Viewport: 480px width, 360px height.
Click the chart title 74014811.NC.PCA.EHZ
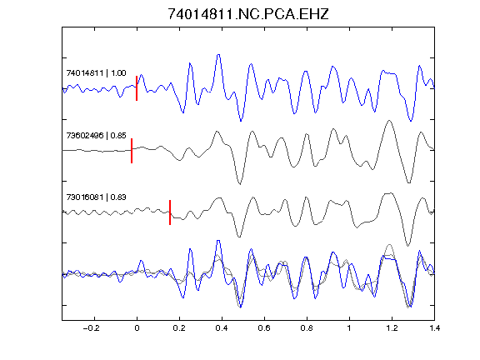click(x=248, y=14)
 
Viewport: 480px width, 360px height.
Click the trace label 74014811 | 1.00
click(x=96, y=73)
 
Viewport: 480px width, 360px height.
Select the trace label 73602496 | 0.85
click(x=96, y=135)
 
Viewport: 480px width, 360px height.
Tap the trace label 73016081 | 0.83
click(x=96, y=197)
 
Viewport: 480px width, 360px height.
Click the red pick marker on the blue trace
click(x=137, y=88)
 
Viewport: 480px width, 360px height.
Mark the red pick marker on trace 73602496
click(x=132, y=151)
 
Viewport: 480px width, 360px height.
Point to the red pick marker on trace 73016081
click(x=170, y=212)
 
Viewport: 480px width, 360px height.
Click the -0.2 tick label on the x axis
click(x=92, y=328)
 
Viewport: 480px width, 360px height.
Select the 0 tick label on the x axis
click(x=137, y=328)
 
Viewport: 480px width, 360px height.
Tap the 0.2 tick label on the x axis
click(x=179, y=328)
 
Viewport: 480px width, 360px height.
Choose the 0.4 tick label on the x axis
click(x=222, y=328)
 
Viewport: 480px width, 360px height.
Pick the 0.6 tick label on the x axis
click(x=264, y=328)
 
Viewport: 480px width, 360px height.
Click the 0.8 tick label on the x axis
click(x=307, y=328)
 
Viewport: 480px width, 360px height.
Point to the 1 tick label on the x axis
click(x=349, y=328)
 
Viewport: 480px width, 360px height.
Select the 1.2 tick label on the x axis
click(x=392, y=328)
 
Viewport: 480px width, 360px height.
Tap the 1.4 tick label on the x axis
click(x=434, y=328)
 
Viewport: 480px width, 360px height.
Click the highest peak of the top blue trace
click(x=218, y=55)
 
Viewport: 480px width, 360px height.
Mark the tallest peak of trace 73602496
click(x=389, y=121)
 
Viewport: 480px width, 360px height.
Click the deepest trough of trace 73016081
click(x=407, y=246)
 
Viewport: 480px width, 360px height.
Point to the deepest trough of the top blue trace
click(x=241, y=121)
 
